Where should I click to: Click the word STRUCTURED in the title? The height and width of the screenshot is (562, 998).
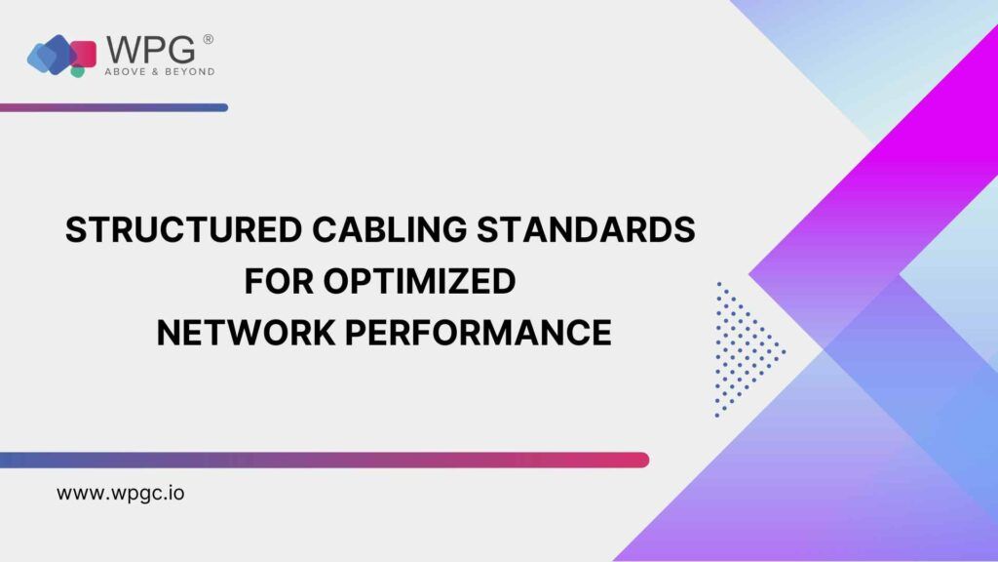pyautogui.click(x=183, y=229)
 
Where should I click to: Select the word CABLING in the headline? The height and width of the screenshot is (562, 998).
pyautogui.click(x=390, y=229)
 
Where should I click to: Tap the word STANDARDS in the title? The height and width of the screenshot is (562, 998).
pyautogui.click(x=586, y=229)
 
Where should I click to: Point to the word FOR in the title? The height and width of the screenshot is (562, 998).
pyautogui.click(x=279, y=281)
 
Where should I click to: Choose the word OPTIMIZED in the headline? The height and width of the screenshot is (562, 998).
pyautogui.click(x=419, y=281)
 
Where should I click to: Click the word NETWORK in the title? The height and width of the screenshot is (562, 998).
pyautogui.click(x=246, y=333)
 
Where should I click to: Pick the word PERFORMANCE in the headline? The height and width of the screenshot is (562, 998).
pyautogui.click(x=478, y=333)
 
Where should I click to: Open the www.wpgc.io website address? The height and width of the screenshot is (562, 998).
pyautogui.click(x=120, y=493)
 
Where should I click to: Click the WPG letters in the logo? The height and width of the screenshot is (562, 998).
pyautogui.click(x=150, y=50)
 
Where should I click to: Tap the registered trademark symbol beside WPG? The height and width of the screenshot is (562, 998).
pyautogui.click(x=209, y=39)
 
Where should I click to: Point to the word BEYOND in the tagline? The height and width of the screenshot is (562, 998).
pyautogui.click(x=189, y=72)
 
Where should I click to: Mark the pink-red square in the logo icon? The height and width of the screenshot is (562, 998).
pyautogui.click(x=84, y=55)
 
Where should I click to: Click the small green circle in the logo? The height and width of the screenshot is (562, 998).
pyautogui.click(x=77, y=71)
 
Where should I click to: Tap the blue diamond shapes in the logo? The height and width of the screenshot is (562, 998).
pyautogui.click(x=49, y=55)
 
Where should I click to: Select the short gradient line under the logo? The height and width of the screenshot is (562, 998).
pyautogui.click(x=114, y=107)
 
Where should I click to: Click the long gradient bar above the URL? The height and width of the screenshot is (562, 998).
pyautogui.click(x=325, y=461)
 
